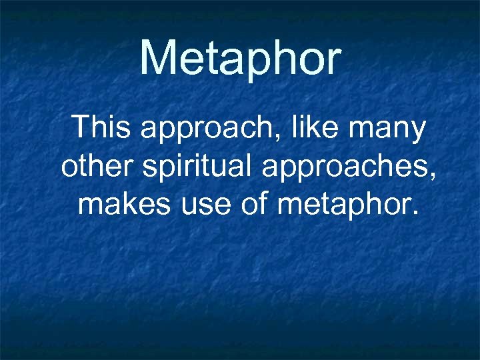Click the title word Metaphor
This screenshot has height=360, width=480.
(x=240, y=58)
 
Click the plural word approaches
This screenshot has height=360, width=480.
(x=345, y=168)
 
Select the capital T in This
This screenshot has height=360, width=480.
(x=81, y=127)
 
